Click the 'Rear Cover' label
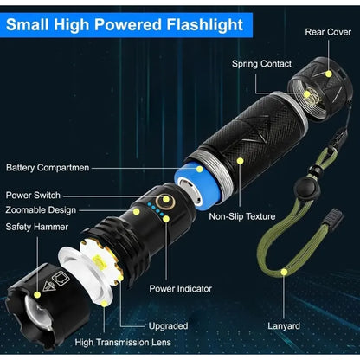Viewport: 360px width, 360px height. point(328,32)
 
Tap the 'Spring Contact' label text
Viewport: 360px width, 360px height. point(261,64)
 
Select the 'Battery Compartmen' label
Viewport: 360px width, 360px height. point(48,168)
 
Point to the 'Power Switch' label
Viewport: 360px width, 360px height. point(33,196)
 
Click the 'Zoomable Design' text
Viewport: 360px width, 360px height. point(41,210)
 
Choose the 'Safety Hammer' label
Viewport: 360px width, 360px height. point(37,227)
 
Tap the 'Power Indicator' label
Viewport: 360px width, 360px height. point(181,289)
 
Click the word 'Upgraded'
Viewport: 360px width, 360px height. point(168,326)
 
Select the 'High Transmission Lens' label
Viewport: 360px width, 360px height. point(123,343)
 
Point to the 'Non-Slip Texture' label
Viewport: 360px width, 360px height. point(242,216)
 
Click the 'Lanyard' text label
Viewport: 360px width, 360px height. point(284,326)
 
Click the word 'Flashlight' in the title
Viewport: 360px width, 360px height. point(205,25)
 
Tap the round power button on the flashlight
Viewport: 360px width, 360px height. point(165,201)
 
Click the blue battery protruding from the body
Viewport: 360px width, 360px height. point(198,184)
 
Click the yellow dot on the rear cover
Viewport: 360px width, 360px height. point(328,74)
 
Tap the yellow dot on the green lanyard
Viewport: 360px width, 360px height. point(284,272)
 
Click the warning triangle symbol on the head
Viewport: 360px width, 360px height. point(48,286)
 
